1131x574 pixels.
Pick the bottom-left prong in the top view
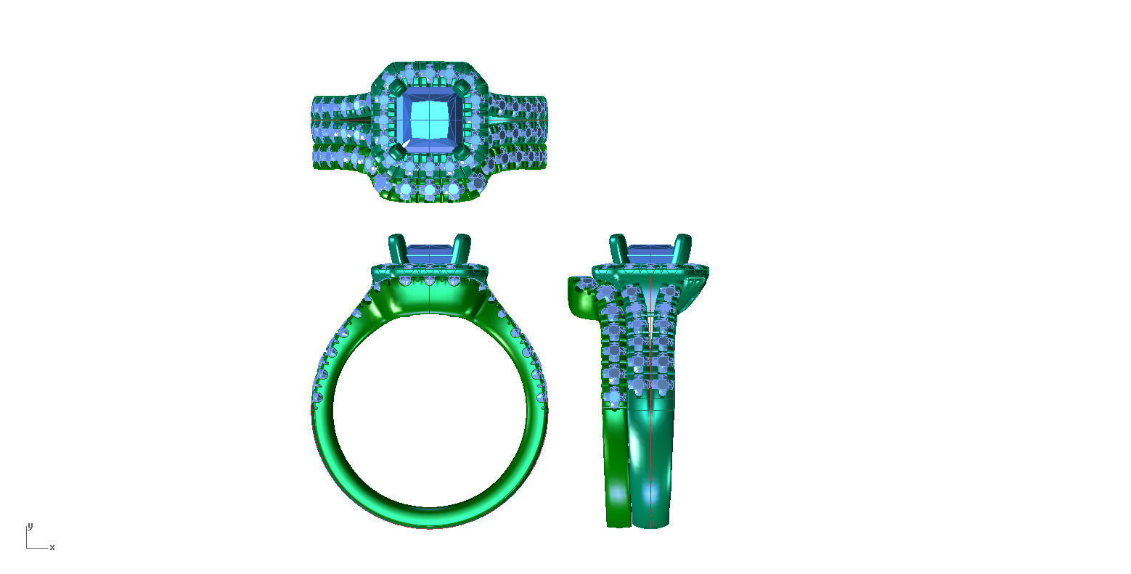coord(396,152)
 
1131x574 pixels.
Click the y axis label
coord(30,525)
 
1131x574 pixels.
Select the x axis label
coord(52,547)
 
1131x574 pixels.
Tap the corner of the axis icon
coord(28,547)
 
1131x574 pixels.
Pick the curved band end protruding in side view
coord(577,294)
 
